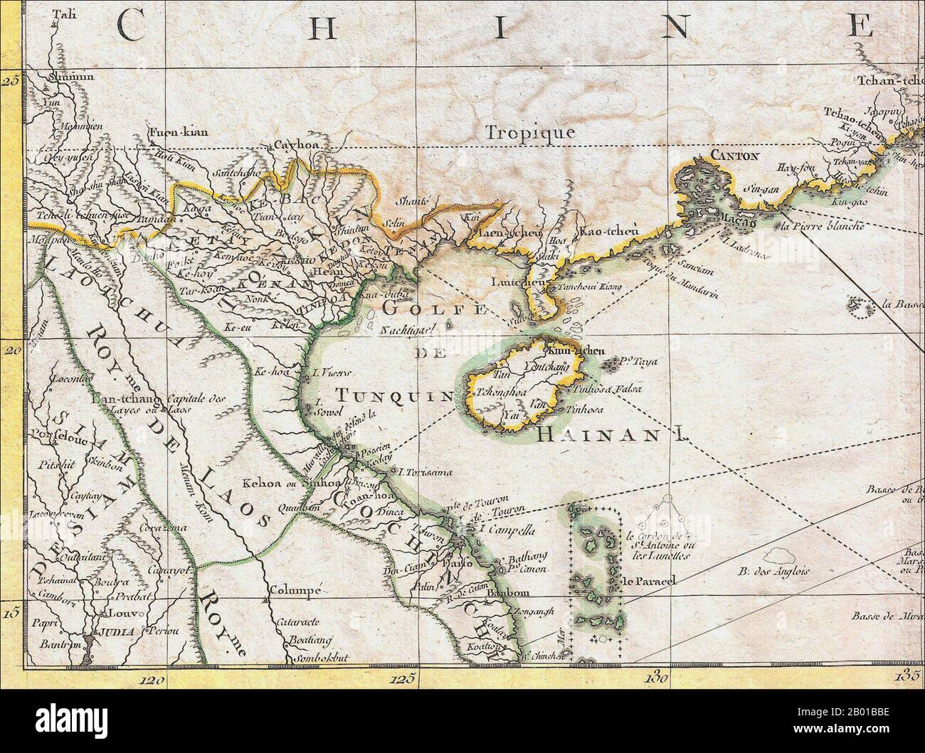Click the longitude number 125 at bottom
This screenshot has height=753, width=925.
coord(402,679)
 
